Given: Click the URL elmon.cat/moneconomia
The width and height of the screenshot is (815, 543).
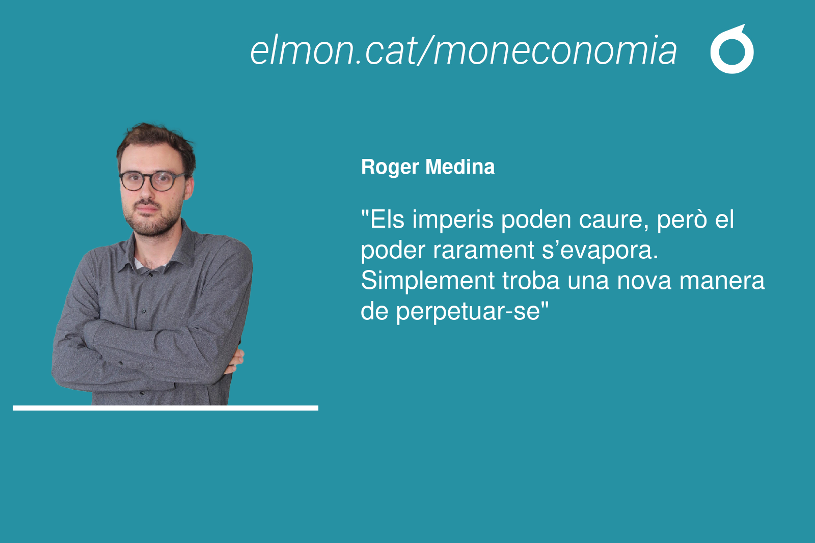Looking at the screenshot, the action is pos(463,50).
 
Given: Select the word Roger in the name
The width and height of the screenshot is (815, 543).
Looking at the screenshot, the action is pos(390,168).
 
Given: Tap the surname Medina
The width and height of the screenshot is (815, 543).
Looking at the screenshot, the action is pos(460,167).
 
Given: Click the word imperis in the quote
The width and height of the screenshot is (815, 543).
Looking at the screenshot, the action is pos(453,221).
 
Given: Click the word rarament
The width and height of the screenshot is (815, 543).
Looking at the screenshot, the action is pos(483,251).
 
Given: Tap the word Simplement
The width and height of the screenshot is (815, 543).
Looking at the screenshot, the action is pos(428,281).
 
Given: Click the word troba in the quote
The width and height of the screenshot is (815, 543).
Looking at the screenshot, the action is pos(531,280).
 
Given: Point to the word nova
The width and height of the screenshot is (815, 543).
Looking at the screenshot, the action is pos(644,282).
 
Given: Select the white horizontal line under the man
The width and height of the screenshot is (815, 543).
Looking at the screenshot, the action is pos(166,408).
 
